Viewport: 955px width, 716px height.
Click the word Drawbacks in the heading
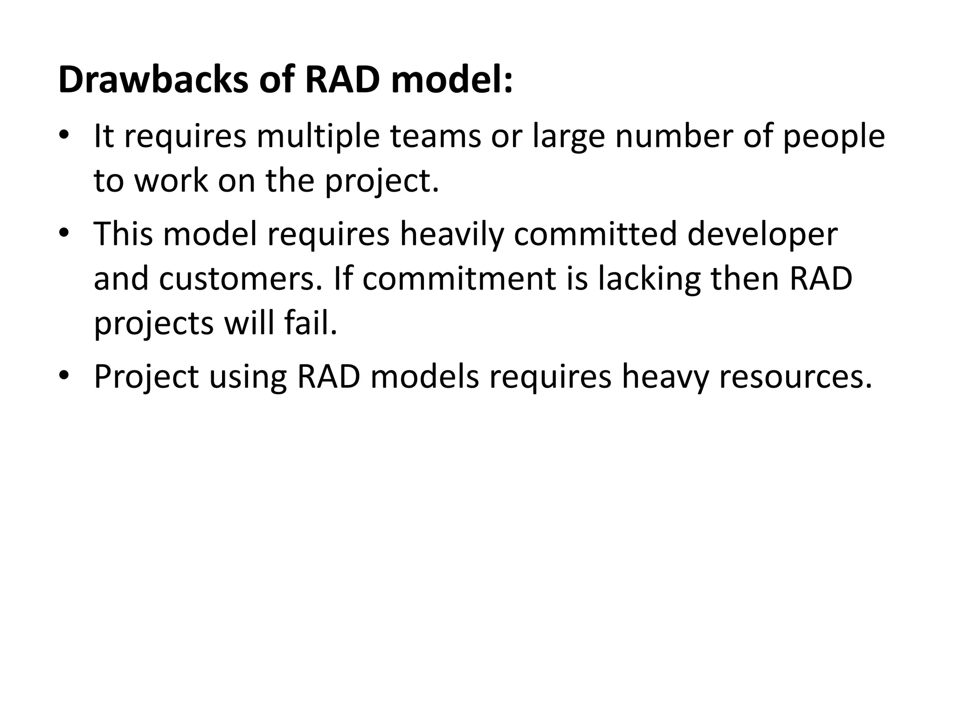click(153, 80)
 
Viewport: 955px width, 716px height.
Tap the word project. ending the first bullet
click(382, 182)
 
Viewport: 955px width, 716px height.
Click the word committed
click(595, 234)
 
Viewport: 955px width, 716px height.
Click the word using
click(248, 378)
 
